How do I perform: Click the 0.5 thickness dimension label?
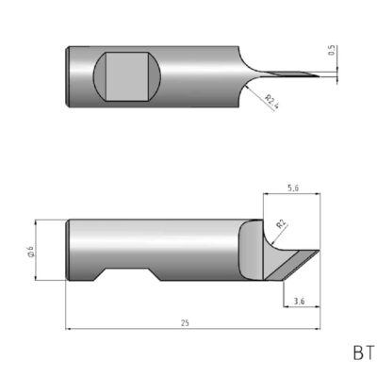pos(332,54)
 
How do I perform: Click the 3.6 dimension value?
pos(299,301)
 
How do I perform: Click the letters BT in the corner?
pos(363,353)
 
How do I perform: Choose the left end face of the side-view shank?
pos(68,249)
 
